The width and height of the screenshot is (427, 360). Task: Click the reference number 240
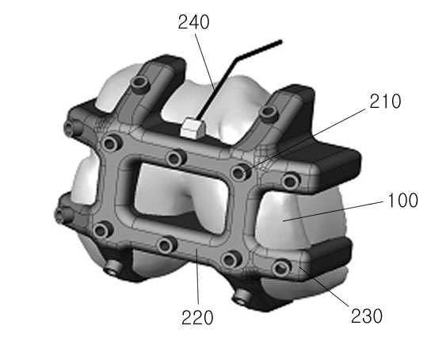[193, 22]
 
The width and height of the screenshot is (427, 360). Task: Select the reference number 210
[385, 101]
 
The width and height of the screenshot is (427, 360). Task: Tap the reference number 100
[402, 201]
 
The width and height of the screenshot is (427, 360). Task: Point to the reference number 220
[197, 318]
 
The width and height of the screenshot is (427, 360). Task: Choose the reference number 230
[367, 316]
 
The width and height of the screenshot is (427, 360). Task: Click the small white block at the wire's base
[193, 128]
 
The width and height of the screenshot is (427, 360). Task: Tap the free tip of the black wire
[280, 42]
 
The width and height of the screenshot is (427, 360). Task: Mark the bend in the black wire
[236, 58]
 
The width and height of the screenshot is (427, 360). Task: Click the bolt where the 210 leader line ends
[239, 173]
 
